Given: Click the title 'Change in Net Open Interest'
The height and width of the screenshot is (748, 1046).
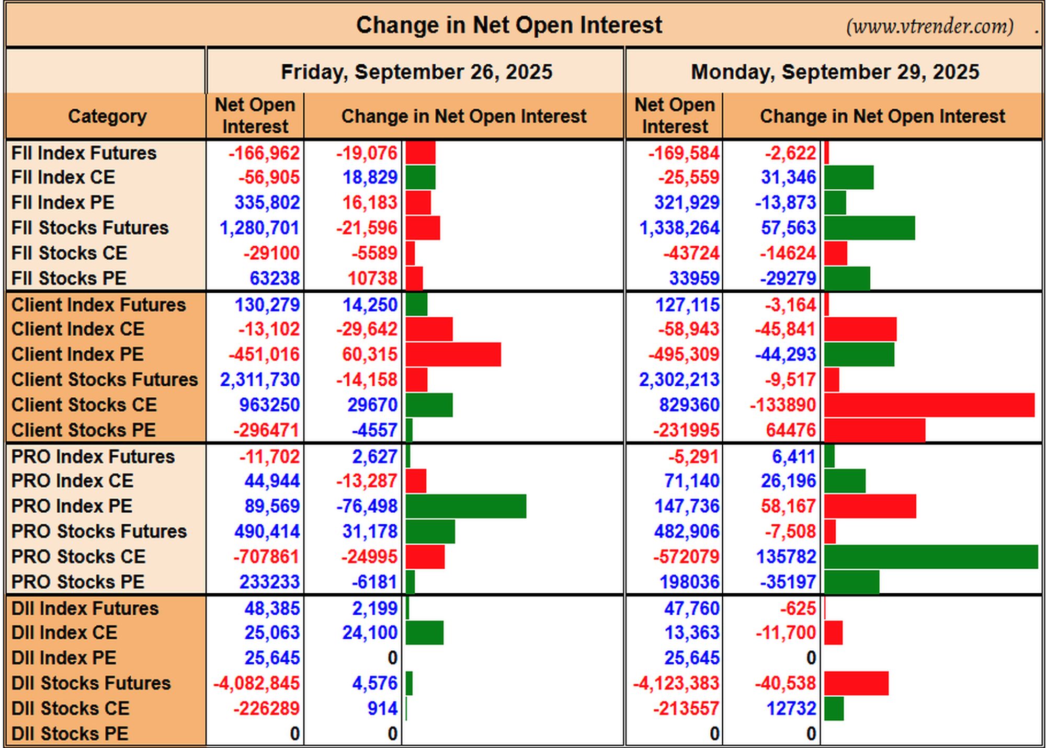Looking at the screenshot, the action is (x=509, y=25).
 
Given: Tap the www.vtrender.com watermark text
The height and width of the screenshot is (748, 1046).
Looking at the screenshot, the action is (x=929, y=26).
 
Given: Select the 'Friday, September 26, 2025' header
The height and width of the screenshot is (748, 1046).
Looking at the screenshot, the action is (x=416, y=72).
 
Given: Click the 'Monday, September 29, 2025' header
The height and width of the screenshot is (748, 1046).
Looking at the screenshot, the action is (x=835, y=72).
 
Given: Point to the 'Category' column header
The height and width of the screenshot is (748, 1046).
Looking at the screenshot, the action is (x=107, y=116).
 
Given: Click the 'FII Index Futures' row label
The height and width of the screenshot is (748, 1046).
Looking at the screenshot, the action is (x=84, y=153).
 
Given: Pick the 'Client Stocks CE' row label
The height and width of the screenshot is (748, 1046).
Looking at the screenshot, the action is (x=84, y=405).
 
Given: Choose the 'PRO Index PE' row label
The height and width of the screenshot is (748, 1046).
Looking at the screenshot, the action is (x=72, y=506).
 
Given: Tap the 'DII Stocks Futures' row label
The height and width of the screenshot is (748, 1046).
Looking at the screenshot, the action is (x=91, y=683).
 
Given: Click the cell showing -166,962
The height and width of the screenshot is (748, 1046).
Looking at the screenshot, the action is (x=264, y=153).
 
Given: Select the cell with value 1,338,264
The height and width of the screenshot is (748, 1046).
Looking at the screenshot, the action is (x=679, y=228).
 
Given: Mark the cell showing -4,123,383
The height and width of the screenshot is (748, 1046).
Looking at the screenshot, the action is (x=676, y=683).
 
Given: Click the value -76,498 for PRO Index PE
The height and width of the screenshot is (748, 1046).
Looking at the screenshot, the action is (x=367, y=506).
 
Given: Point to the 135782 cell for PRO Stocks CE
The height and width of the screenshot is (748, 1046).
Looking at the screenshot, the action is (x=786, y=557).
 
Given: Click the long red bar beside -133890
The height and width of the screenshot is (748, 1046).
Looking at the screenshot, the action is (x=929, y=405).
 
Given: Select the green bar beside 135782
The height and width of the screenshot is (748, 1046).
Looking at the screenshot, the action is (x=931, y=557).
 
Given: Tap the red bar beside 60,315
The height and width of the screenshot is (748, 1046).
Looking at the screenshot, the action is (x=453, y=354).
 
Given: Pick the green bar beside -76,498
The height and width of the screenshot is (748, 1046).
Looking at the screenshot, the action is (x=466, y=506).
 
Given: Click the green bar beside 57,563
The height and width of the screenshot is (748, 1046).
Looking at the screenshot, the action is (x=870, y=228).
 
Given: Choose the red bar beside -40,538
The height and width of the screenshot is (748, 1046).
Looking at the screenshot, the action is (x=857, y=683).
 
